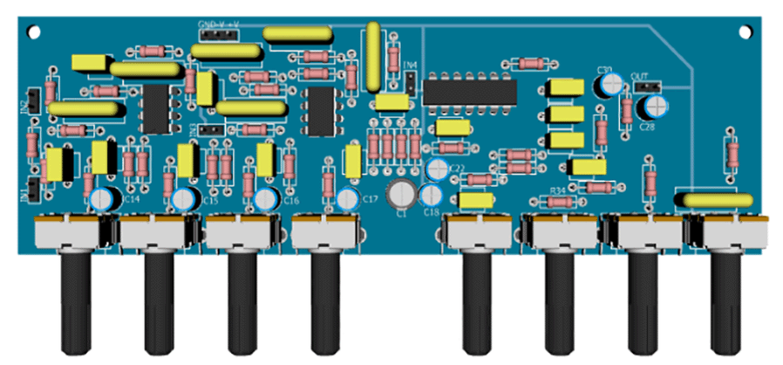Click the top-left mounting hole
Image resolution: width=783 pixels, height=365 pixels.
(34, 31)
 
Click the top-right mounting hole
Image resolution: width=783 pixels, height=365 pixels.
(746, 31)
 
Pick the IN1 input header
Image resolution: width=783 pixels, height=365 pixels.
(32, 188)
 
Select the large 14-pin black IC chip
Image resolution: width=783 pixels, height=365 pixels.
(469, 91)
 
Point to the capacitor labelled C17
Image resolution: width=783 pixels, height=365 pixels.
(348, 198)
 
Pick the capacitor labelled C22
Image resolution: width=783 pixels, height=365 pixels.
(438, 167)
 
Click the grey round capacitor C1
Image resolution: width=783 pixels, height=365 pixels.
(402, 193)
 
